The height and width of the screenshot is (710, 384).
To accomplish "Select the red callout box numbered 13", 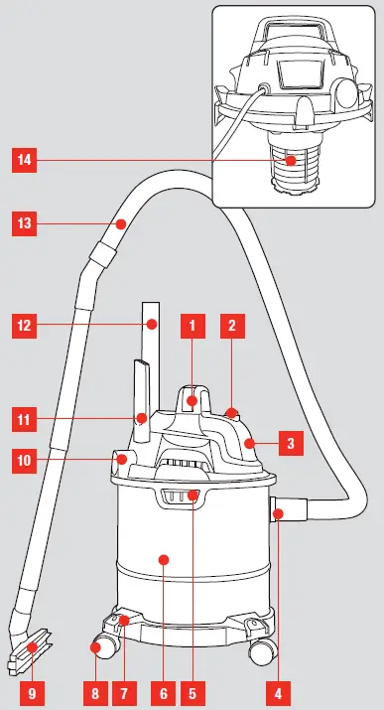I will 24,224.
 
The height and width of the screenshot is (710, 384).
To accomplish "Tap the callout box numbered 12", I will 24,323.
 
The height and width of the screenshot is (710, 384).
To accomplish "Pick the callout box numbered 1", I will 192,323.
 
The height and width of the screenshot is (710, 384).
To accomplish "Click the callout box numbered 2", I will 230,323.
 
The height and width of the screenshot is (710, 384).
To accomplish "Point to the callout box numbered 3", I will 290,444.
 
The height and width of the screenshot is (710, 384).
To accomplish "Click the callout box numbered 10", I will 24,460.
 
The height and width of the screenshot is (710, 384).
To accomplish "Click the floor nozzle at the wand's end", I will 32,650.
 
